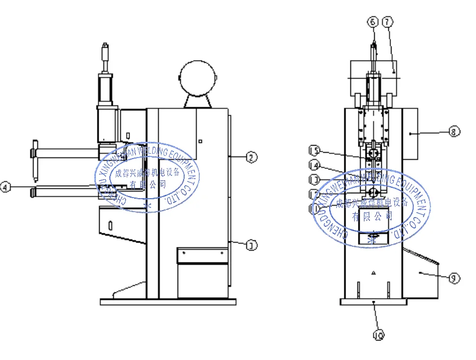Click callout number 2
(x=250, y=157)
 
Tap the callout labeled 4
(x=5, y=187)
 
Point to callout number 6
(x=372, y=22)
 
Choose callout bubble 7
(x=387, y=22)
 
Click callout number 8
(x=454, y=131)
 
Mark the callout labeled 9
(x=454, y=278)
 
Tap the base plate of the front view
(x=373, y=302)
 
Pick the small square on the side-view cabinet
(x=200, y=141)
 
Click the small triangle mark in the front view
(x=374, y=274)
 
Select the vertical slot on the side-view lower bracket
(x=109, y=224)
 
